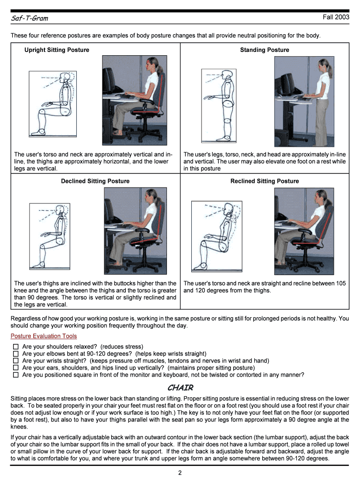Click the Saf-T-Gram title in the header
[x=29, y=19]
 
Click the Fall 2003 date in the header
[x=336, y=17]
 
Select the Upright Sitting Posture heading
[x=57, y=50]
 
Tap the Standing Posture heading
[x=264, y=50]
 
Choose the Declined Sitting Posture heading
[x=95, y=181]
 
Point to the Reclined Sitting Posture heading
[x=264, y=181]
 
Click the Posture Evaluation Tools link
[x=43, y=336]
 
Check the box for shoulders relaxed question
[x=15, y=347]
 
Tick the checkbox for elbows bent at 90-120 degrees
[x=15, y=354]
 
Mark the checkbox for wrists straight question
[x=15, y=361]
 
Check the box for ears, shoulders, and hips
[x=15, y=368]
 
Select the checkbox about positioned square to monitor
[x=15, y=375]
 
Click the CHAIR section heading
[x=180, y=388]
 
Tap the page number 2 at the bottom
[x=180, y=473]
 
